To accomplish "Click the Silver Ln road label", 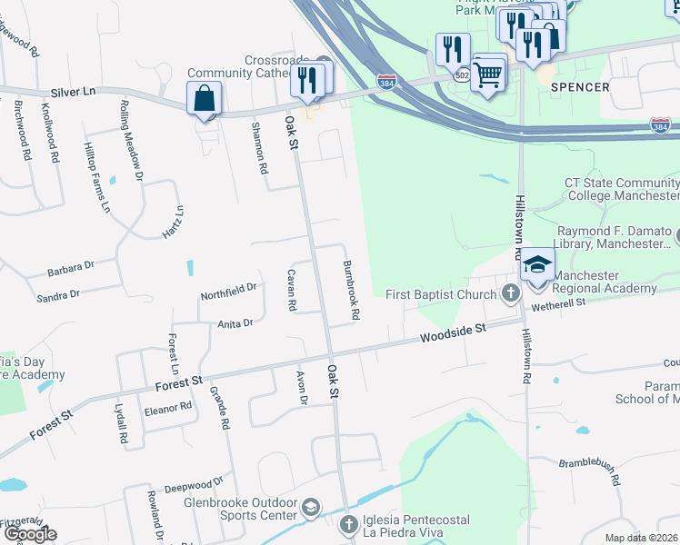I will click(x=74, y=92).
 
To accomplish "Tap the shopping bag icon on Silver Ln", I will click(x=205, y=97).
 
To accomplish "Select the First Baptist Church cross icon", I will click(x=511, y=293).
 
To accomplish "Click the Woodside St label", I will click(x=454, y=334).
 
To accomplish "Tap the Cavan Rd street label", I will click(x=292, y=291).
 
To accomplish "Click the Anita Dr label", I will click(x=235, y=322).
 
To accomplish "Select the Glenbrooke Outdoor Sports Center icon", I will click(x=311, y=507).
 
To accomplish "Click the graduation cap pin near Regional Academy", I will click(x=537, y=264).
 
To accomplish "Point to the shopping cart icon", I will click(x=489, y=75).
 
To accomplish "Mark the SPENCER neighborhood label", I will click(x=579, y=87).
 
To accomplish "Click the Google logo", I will click(x=30, y=534).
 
